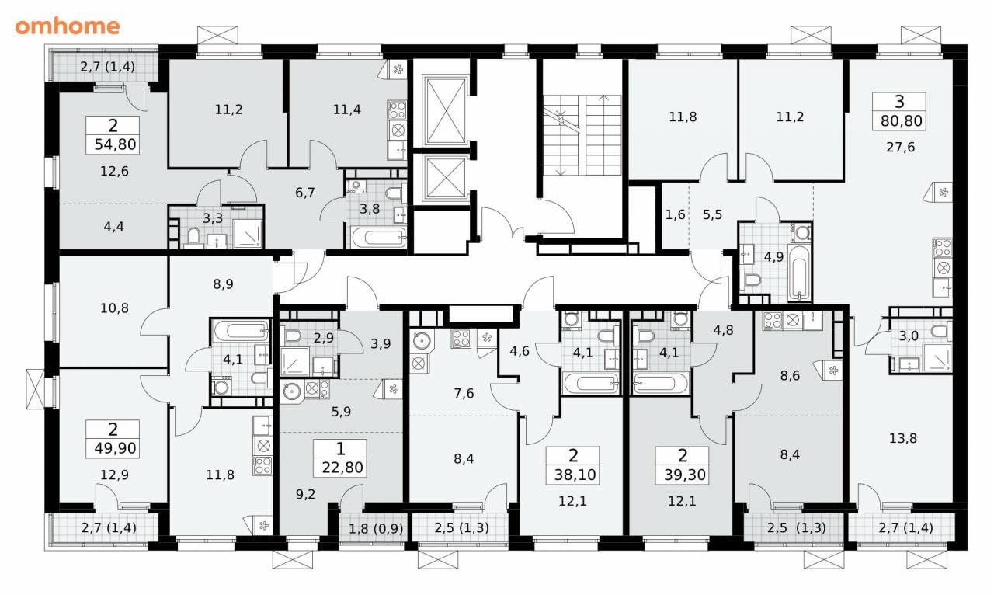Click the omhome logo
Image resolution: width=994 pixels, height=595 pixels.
(68, 26)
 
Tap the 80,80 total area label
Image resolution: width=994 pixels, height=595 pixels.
(902, 120)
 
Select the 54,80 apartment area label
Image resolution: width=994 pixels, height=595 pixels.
(115, 144)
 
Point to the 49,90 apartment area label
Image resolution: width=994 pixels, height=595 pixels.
(115, 448)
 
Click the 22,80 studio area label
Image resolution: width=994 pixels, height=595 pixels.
(342, 468)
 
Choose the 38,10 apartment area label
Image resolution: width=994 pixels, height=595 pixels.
(575, 475)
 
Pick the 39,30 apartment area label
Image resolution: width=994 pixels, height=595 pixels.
(685, 475)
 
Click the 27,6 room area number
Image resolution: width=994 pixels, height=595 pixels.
(900, 147)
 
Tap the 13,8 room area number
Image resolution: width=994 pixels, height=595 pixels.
(902, 438)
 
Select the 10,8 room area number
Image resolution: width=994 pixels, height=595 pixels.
(114, 308)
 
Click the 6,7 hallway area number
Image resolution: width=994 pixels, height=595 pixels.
(305, 193)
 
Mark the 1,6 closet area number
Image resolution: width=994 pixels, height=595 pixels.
(675, 214)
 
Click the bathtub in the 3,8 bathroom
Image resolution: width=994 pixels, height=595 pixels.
(378, 238)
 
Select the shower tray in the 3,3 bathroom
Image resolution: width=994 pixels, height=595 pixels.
(248, 234)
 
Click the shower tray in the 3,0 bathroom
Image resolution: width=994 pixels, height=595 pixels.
(937, 357)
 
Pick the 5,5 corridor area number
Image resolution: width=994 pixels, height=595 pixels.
(712, 214)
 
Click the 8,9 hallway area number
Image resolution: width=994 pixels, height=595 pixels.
(223, 284)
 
